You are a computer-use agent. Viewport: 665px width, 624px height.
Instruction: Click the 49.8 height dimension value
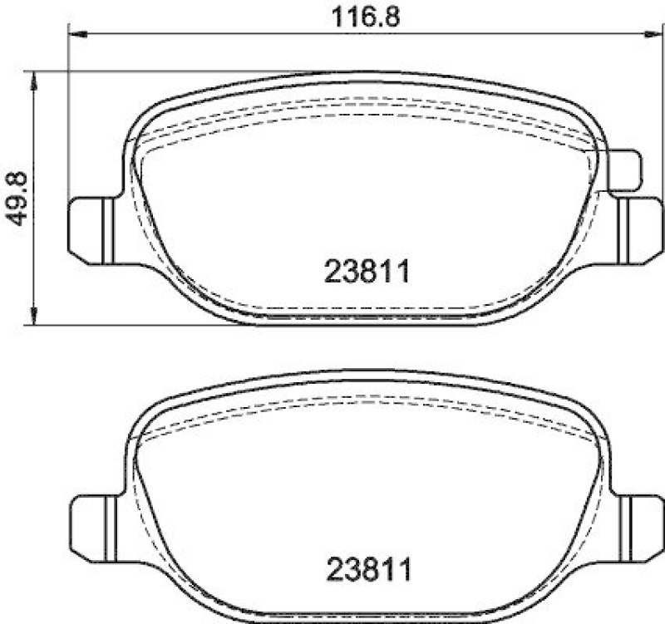[18, 197]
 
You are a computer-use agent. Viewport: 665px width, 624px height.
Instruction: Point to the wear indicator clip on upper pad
[625, 170]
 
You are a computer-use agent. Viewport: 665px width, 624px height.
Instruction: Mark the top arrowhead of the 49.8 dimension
[33, 79]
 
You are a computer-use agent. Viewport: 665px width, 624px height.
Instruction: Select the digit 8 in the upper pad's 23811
[367, 272]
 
